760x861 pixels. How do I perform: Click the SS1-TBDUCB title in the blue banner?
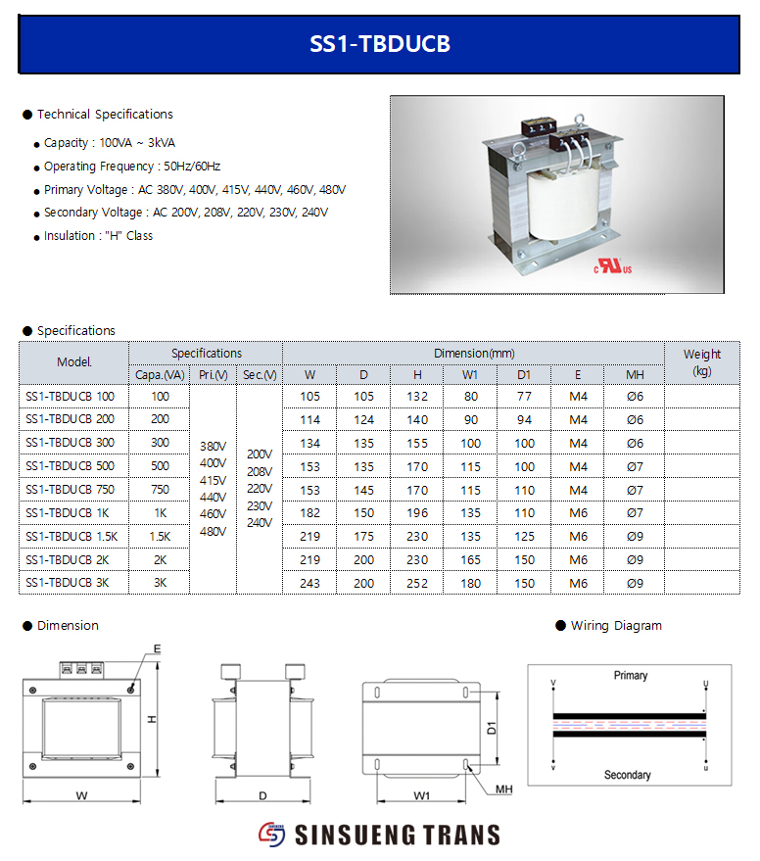coord(380,44)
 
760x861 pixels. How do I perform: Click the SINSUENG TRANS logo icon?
coord(270,835)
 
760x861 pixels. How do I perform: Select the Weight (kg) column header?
coord(701,362)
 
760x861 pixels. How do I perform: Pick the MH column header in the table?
coord(635,374)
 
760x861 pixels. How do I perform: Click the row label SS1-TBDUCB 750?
coord(70,490)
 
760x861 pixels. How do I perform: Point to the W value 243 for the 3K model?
coord(309,583)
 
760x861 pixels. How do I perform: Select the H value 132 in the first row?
coord(417,397)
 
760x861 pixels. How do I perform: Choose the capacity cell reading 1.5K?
coord(160,537)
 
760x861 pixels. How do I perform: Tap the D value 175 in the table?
coord(363,537)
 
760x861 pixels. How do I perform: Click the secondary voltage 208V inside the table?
coord(260,471)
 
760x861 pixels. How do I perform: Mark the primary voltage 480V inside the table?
coord(213,532)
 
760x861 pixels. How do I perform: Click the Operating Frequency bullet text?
coord(132,167)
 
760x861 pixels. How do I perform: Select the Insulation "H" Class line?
coord(98,236)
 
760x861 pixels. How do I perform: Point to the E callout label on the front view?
coord(157,648)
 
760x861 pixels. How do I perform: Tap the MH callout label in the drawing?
coord(504,789)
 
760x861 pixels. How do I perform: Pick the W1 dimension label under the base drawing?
coord(421,796)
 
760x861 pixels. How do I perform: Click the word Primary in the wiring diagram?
coord(631,676)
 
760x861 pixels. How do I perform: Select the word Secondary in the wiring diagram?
coord(627,775)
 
